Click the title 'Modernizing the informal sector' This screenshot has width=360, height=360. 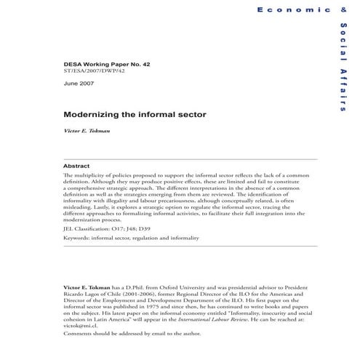coord(126,115)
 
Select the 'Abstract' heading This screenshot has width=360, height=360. coord(77,166)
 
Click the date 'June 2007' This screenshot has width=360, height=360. coord(79,84)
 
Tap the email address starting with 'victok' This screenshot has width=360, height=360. coord(79,328)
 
